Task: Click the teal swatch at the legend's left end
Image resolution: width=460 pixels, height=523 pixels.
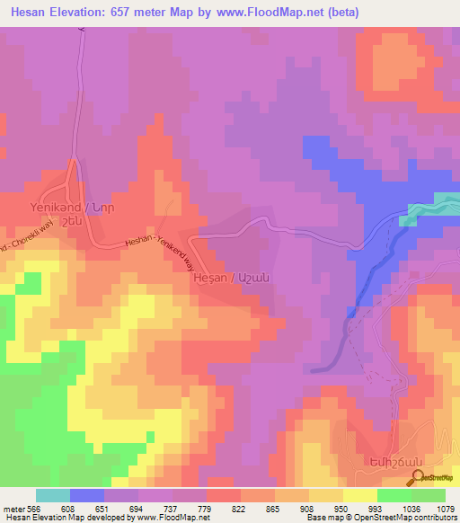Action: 52,495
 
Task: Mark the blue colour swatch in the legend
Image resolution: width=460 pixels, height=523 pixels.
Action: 87,495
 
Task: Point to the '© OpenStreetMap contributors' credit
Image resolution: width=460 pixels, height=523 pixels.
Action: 412,518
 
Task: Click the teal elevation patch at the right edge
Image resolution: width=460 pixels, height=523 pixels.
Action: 435,206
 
